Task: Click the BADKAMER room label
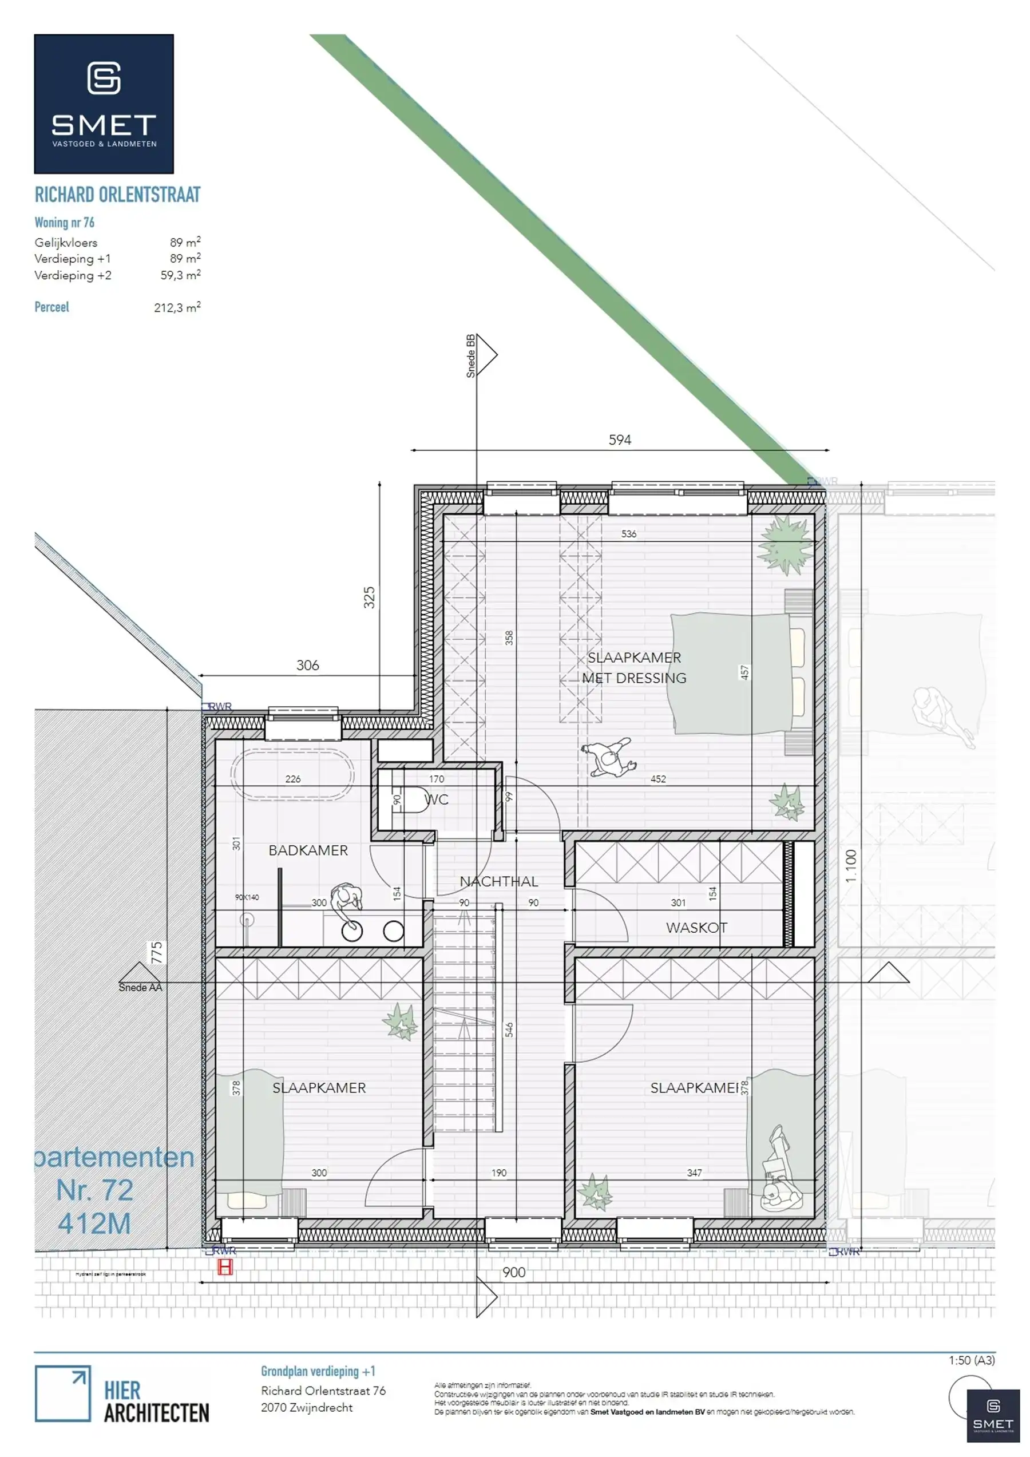pos(308,850)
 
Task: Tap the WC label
pos(437,799)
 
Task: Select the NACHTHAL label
pos(499,881)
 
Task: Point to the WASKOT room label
pos(696,928)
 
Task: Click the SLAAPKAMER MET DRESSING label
pos(634,668)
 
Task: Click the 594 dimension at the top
pos(620,440)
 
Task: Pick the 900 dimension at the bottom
pos(513,1272)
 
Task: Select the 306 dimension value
pos(308,665)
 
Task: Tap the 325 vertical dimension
pos(369,598)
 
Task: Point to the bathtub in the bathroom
pos(292,773)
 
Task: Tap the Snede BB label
pos(471,356)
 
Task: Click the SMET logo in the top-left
pos(104,104)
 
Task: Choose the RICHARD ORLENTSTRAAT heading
pos(117,195)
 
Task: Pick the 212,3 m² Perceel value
pos(177,307)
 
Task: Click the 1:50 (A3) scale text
pos(972,1360)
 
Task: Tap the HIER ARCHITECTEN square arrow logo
pos(62,1393)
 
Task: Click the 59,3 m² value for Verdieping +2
pos(180,275)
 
